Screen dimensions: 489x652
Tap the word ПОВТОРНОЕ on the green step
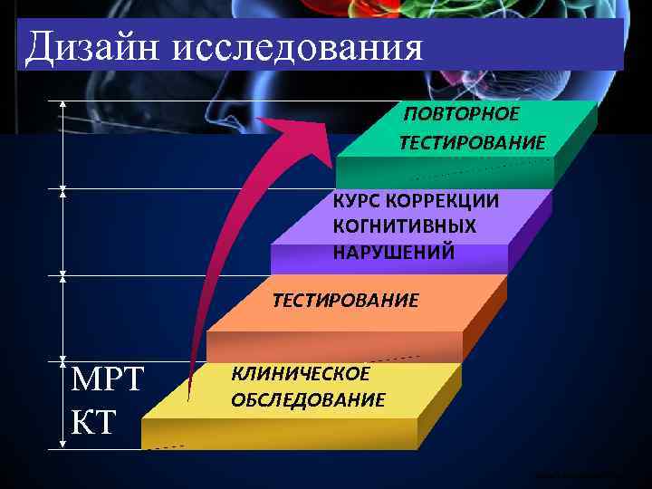(462, 114)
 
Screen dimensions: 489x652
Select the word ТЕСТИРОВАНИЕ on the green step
(472, 143)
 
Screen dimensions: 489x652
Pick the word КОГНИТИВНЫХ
(404, 225)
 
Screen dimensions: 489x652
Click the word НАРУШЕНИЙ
(393, 251)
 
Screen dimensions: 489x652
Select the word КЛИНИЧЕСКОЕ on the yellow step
(301, 373)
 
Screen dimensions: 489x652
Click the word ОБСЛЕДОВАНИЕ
(308, 399)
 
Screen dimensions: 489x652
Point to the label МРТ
(107, 379)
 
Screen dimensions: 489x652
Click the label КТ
(92, 421)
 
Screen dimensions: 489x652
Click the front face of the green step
(444, 172)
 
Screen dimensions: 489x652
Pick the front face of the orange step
(335, 346)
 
